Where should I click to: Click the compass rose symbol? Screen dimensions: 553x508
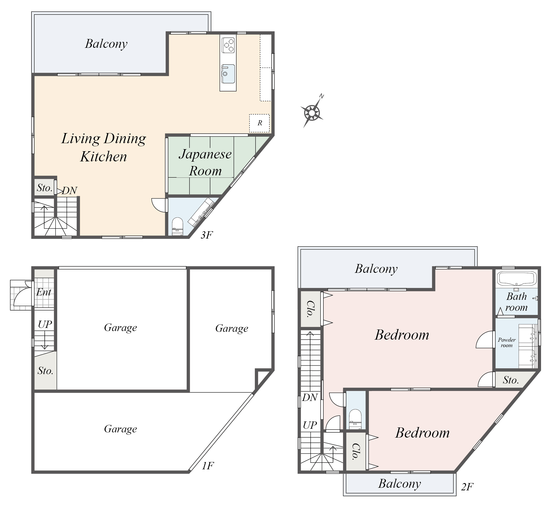click(312, 113)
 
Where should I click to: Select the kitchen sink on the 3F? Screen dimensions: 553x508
click(228, 74)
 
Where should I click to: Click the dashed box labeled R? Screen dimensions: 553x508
click(259, 123)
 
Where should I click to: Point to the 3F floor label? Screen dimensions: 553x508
click(206, 235)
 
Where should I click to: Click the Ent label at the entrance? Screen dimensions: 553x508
click(44, 292)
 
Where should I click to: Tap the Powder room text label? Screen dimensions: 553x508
click(506, 342)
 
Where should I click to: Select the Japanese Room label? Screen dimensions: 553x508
click(205, 162)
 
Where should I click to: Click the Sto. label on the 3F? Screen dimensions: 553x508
click(44, 188)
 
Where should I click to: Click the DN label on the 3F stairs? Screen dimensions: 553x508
click(70, 190)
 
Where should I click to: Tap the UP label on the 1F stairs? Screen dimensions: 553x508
click(45, 324)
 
